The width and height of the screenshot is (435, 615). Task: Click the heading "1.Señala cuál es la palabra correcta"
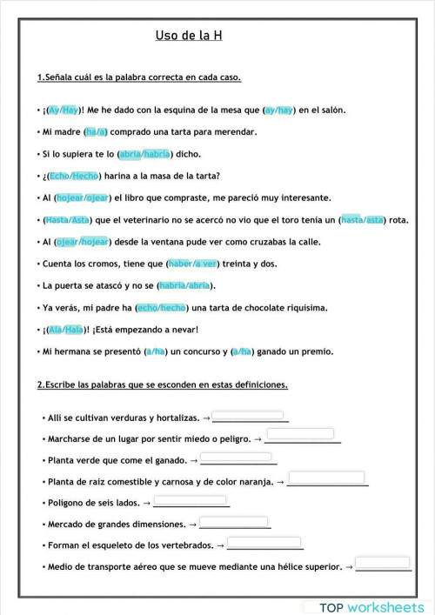pyautogui.click(x=139, y=77)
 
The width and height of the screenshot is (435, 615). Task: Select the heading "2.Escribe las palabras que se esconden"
pyautogui.click(x=162, y=384)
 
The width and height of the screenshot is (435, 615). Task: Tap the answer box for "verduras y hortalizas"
pyautogui.click(x=248, y=416)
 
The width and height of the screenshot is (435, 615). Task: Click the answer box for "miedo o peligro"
pyautogui.click(x=300, y=434)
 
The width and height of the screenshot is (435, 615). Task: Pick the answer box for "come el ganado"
pyautogui.click(x=237, y=457)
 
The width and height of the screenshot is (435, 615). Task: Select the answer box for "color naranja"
pyautogui.click(x=325, y=478)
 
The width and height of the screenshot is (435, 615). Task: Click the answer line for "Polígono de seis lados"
pyautogui.click(x=191, y=503)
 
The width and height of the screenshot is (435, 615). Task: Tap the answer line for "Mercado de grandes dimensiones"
pyautogui.click(x=235, y=525)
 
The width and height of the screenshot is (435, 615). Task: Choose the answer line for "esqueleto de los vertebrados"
pyautogui.click(x=265, y=545)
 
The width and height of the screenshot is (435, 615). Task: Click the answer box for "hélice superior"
pyautogui.click(x=383, y=563)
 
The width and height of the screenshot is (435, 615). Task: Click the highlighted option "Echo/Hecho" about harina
pyautogui.click(x=72, y=176)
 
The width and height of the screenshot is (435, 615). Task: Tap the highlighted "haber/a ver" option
pyautogui.click(x=194, y=264)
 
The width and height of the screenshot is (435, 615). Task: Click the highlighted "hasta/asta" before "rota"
pyautogui.click(x=363, y=220)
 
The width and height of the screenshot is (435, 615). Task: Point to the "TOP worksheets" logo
pyautogui.click(x=371, y=606)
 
